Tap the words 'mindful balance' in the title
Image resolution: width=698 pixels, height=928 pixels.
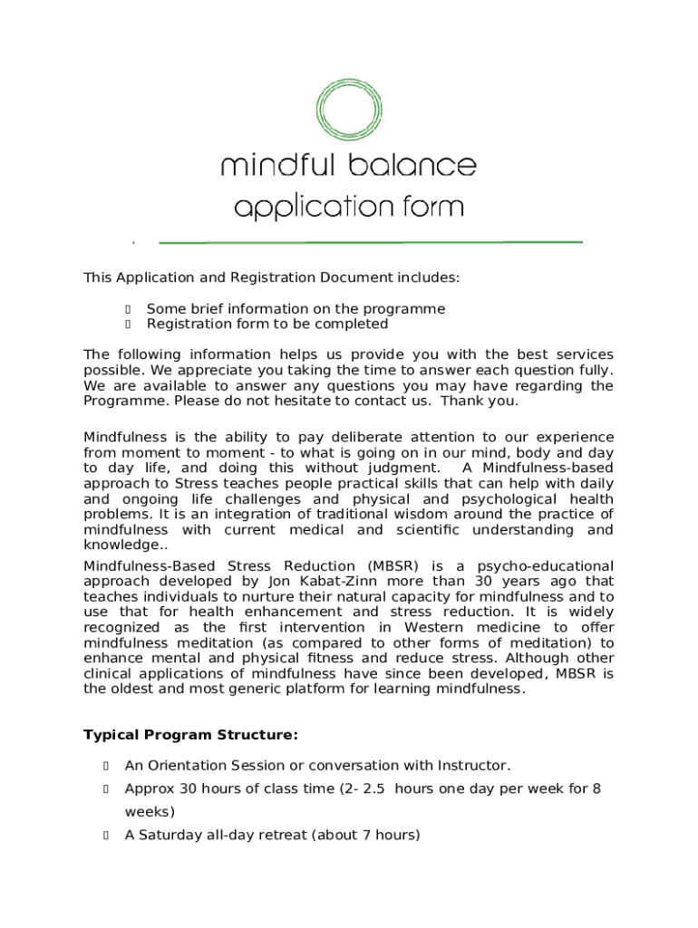348,166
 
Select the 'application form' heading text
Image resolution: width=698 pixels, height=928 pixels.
348,208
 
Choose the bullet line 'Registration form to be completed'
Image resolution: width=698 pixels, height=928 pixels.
267,324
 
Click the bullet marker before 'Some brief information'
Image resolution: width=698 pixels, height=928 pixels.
129,309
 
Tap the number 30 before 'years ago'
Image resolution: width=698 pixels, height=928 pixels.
486,581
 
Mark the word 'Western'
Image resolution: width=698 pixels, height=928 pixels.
440,627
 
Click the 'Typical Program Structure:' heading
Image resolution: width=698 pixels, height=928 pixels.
190,734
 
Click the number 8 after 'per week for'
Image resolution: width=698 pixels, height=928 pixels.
596,788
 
